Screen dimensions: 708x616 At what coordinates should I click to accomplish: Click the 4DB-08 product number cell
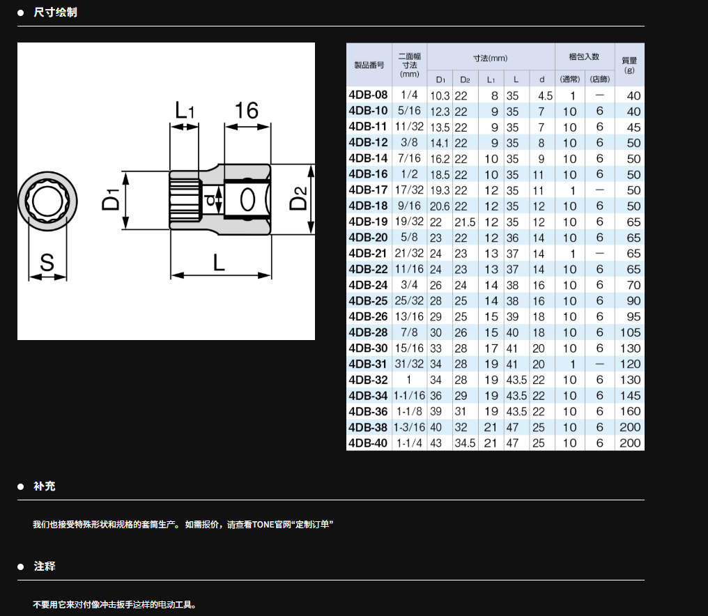pyautogui.click(x=368, y=95)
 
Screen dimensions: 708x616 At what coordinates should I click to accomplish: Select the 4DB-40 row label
pyautogui.click(x=368, y=443)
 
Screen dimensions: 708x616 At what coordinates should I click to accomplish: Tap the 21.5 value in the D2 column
pyautogui.click(x=465, y=222)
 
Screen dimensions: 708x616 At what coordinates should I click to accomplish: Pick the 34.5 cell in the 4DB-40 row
pyautogui.click(x=465, y=443)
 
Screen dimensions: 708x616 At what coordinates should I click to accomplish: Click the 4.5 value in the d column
pyautogui.click(x=545, y=95)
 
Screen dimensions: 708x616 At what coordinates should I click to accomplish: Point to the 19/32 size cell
pyautogui.click(x=409, y=222)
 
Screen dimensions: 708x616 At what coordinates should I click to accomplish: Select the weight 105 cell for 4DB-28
pyautogui.click(x=630, y=332)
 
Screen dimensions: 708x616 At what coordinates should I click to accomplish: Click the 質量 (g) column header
pyautogui.click(x=629, y=65)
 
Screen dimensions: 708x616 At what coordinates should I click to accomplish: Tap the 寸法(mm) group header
pyautogui.click(x=491, y=59)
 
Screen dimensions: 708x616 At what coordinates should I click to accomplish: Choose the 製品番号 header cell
pyautogui.click(x=369, y=65)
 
